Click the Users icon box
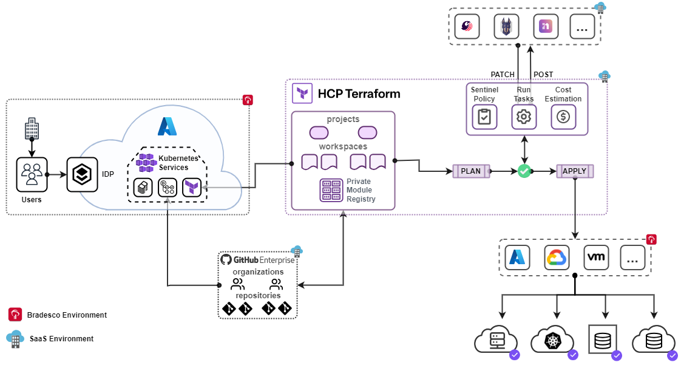[31, 175]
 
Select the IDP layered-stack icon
[82, 175]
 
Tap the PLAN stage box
[471, 171]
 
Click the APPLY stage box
[574, 171]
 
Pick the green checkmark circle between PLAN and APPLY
[524, 171]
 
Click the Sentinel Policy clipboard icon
[484, 117]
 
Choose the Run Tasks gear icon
[524, 117]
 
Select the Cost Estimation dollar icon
[563, 117]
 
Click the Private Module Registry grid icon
[331, 190]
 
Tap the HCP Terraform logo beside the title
[302, 94]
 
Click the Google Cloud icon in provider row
[557, 258]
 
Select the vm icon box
[595, 258]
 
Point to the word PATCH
[503, 75]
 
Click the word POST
[543, 75]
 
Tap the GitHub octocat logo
[226, 259]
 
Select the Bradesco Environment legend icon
[15, 315]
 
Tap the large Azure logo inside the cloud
[167, 126]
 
